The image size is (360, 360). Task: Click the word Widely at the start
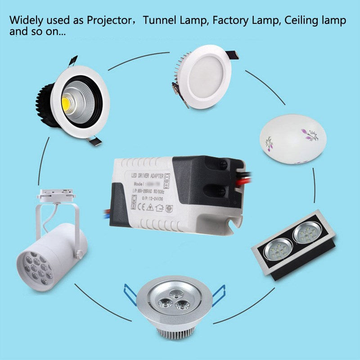[x=27, y=21]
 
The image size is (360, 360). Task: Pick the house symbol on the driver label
[x=159, y=207]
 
